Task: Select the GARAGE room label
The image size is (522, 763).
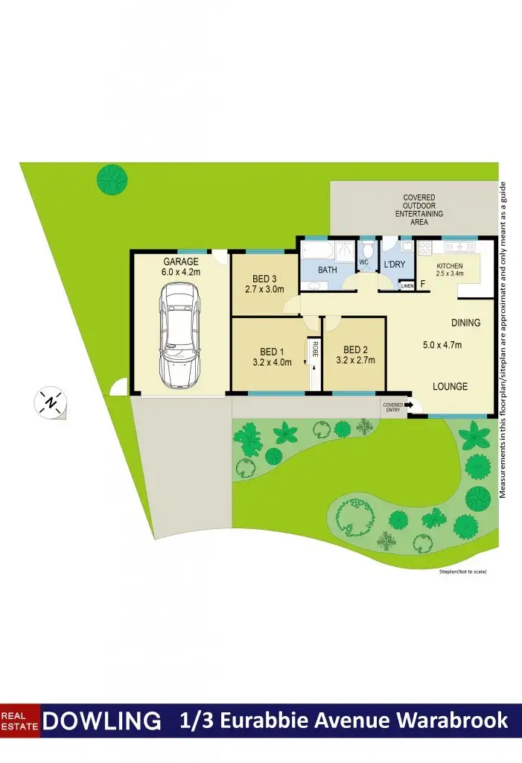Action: click(181, 262)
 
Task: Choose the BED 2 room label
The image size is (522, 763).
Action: click(354, 350)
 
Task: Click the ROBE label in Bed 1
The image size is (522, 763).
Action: click(315, 347)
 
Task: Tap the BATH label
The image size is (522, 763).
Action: click(328, 270)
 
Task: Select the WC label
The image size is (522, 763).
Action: click(364, 262)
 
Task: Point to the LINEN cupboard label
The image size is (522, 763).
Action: click(407, 285)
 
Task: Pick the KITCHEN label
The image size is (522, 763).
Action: click(450, 266)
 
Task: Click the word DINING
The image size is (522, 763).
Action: click(465, 323)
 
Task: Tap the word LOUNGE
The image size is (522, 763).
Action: click(451, 386)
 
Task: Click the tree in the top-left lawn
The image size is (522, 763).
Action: click(112, 178)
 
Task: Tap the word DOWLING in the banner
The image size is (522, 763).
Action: click(102, 721)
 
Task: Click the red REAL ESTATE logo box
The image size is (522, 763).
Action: click(20, 721)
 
